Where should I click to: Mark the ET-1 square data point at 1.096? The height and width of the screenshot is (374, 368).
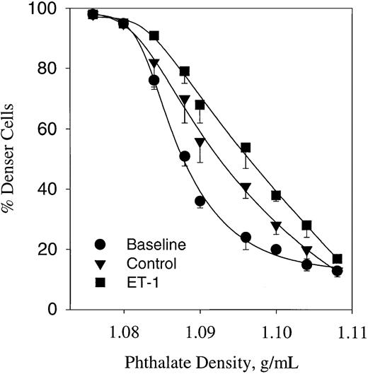[246, 148]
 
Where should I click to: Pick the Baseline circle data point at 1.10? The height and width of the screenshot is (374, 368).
[276, 250]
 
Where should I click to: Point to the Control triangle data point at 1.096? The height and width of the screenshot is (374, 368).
[246, 189]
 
